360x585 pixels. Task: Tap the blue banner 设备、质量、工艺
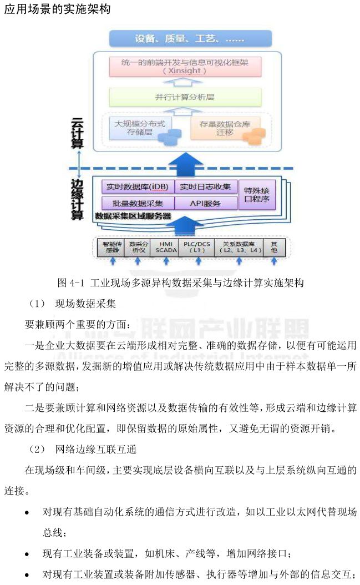click(x=190, y=39)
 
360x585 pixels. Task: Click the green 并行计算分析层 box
click(x=185, y=97)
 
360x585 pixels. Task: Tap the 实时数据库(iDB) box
click(x=138, y=186)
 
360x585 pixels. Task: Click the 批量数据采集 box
click(x=138, y=203)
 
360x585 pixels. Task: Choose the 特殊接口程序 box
click(x=257, y=195)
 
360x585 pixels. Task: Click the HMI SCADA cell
click(x=166, y=247)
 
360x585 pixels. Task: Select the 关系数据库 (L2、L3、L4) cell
click(x=239, y=247)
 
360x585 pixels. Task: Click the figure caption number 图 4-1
click(x=70, y=283)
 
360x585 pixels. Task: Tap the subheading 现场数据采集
click(x=85, y=304)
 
